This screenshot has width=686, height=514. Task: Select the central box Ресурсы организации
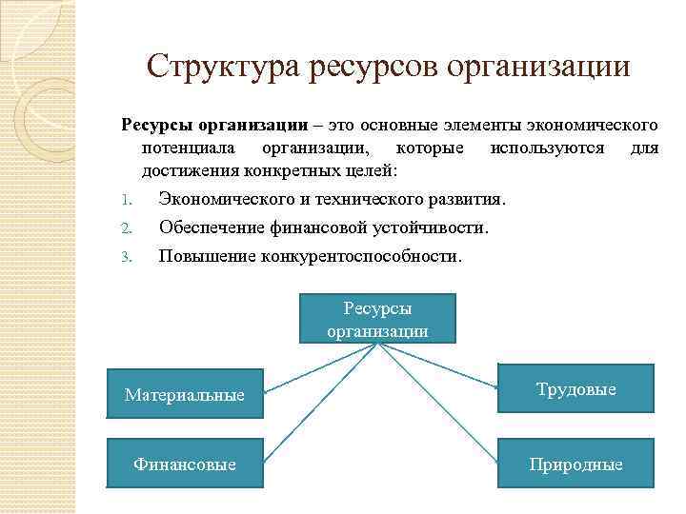377,319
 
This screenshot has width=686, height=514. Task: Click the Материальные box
184,393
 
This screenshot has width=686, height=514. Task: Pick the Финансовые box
184,464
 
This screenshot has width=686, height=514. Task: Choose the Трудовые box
575,388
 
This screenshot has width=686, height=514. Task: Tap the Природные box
575,464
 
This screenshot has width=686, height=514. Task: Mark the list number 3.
126,257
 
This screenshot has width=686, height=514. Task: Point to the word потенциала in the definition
186,148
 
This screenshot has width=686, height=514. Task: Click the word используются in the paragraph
547,148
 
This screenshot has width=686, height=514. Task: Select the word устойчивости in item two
434,228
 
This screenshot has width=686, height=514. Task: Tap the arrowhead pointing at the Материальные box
267,391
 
